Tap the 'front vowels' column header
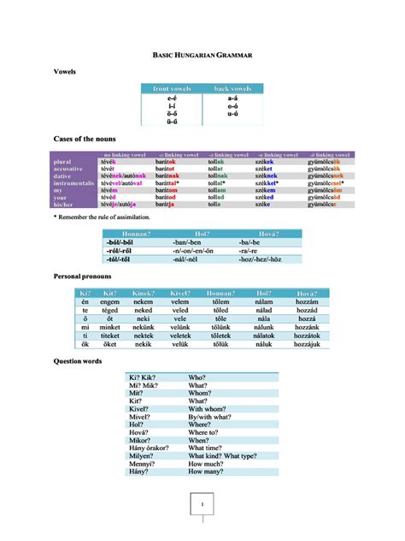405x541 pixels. click(x=172, y=88)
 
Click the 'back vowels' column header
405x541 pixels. click(x=232, y=88)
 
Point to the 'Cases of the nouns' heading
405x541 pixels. click(x=85, y=138)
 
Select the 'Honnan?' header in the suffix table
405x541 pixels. click(x=137, y=234)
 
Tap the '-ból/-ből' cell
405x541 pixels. click(x=120, y=242)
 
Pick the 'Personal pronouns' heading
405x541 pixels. click(x=82, y=277)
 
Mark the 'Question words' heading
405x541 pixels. click(x=78, y=362)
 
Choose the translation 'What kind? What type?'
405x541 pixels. click(x=222, y=455)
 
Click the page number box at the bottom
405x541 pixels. click(x=202, y=505)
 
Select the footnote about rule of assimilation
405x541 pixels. click(x=102, y=217)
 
